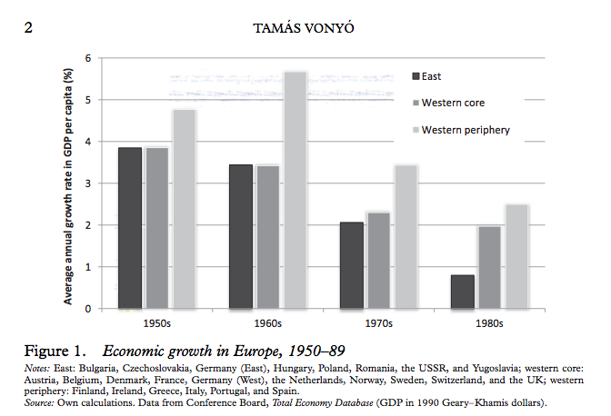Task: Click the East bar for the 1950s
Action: tap(129, 228)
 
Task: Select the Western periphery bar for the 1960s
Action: tap(295, 190)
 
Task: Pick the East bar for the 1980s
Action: tap(461, 292)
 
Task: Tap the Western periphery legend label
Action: tap(466, 130)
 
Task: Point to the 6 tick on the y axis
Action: tap(89, 58)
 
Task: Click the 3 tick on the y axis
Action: tap(89, 183)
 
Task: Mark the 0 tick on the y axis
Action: tap(89, 309)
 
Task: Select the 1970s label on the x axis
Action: tap(377, 323)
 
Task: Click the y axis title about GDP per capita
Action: tap(69, 183)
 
